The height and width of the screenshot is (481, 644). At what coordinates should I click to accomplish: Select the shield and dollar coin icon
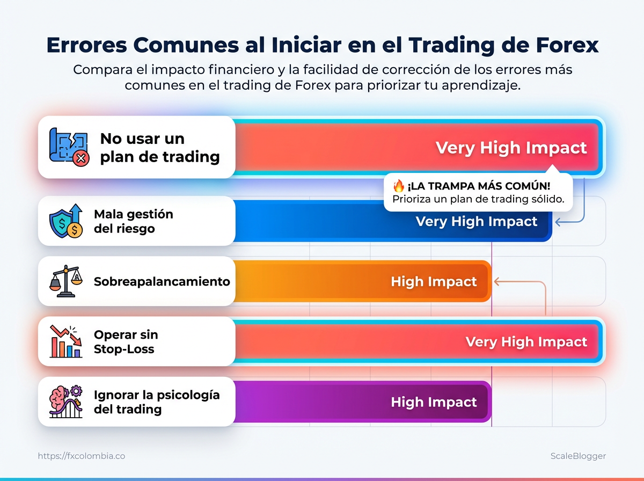tap(66, 221)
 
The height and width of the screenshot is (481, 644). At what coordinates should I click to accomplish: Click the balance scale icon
tap(66, 281)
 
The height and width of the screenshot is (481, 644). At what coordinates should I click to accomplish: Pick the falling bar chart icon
tap(66, 341)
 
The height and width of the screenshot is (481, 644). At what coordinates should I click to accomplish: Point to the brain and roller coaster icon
tap(66, 402)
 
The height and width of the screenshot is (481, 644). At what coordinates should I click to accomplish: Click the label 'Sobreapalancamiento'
tap(162, 281)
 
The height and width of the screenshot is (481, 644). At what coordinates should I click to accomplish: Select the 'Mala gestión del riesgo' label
tap(134, 221)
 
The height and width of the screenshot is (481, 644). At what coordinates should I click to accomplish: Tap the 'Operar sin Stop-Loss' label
tap(126, 341)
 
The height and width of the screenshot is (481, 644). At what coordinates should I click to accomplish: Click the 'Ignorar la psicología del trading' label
tap(157, 402)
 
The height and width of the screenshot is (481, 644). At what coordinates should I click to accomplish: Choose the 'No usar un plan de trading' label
tap(160, 147)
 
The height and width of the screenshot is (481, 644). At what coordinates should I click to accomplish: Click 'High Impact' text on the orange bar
tap(434, 281)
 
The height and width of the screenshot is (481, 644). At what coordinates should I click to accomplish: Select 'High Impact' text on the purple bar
tap(434, 402)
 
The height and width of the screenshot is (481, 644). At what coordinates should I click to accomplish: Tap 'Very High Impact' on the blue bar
tap(476, 221)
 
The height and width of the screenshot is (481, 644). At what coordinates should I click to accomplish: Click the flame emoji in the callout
tap(399, 185)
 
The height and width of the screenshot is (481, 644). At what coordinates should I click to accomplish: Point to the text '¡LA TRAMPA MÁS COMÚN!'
tap(479, 186)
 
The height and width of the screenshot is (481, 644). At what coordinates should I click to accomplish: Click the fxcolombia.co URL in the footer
tap(82, 456)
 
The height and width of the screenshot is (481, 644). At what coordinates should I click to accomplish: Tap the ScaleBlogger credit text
tap(578, 456)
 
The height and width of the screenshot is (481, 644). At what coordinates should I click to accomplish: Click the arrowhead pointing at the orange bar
tap(496, 281)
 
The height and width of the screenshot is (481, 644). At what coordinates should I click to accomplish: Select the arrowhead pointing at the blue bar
tap(558, 222)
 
